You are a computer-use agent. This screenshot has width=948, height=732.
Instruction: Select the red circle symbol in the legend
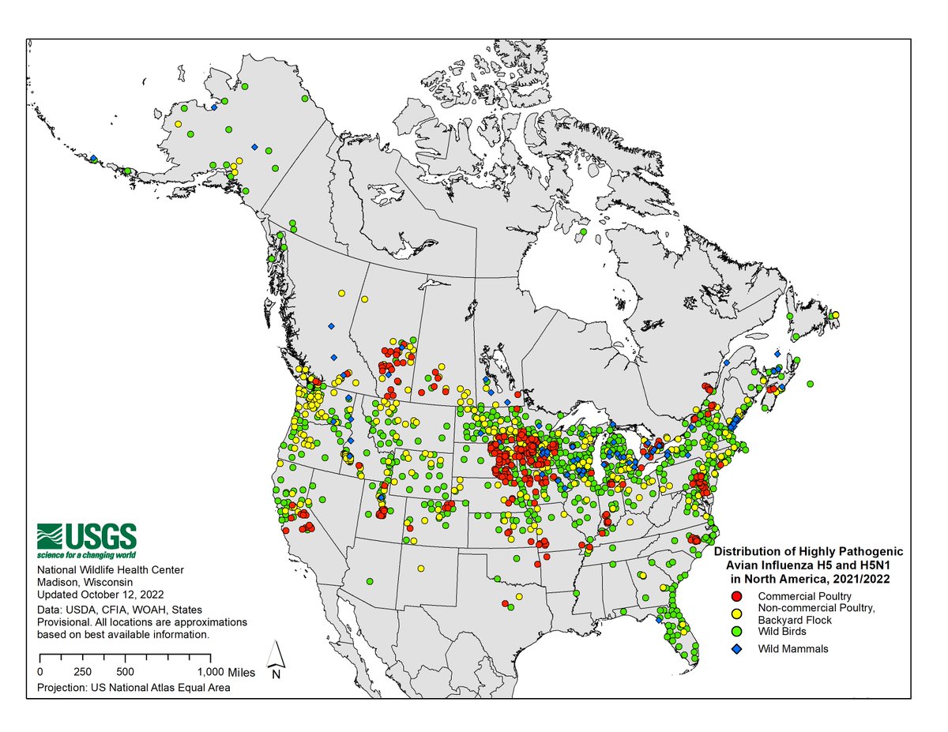(x=736, y=595)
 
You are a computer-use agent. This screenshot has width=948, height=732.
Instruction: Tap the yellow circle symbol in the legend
(x=736, y=613)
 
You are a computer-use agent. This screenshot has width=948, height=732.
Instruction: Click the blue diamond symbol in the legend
(x=736, y=649)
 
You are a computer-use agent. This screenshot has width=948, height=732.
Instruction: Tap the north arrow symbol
(x=276, y=659)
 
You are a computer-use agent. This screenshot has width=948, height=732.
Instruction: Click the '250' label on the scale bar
(x=81, y=672)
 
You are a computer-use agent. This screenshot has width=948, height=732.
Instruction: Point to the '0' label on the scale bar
(x=40, y=672)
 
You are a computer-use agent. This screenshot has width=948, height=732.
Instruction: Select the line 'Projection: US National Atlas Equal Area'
(x=134, y=689)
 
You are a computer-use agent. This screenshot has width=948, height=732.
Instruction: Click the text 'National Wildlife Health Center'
(x=111, y=570)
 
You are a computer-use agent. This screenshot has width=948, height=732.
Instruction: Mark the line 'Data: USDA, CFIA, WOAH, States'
(x=119, y=610)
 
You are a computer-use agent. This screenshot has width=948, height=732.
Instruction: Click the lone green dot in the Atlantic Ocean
(x=811, y=384)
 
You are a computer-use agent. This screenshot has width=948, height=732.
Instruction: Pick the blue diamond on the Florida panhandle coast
(x=658, y=620)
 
